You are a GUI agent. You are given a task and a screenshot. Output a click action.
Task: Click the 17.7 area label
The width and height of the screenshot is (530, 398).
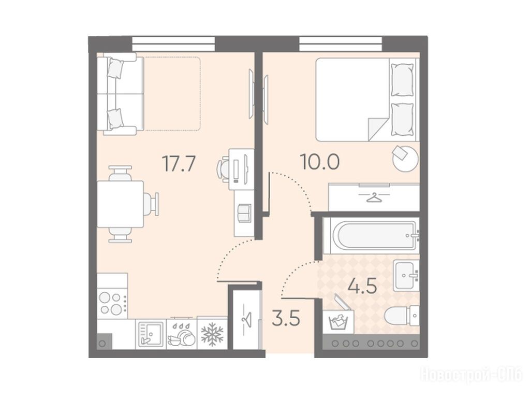point(179,163)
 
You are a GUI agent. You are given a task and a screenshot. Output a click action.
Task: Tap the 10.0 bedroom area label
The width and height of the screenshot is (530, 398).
point(320,162)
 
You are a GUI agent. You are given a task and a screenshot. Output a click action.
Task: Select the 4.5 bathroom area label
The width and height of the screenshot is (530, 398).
point(362,287)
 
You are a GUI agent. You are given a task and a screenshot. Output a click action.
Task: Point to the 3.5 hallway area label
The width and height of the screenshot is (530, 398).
point(286,319)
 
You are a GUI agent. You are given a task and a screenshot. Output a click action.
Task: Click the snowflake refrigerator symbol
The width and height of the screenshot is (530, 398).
point(212,334)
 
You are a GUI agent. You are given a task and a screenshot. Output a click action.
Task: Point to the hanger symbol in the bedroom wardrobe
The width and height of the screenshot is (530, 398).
point(374,197)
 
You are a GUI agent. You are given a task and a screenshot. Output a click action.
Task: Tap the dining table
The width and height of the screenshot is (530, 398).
point(120,204)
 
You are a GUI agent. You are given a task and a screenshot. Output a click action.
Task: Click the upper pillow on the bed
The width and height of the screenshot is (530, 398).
point(402,80)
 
